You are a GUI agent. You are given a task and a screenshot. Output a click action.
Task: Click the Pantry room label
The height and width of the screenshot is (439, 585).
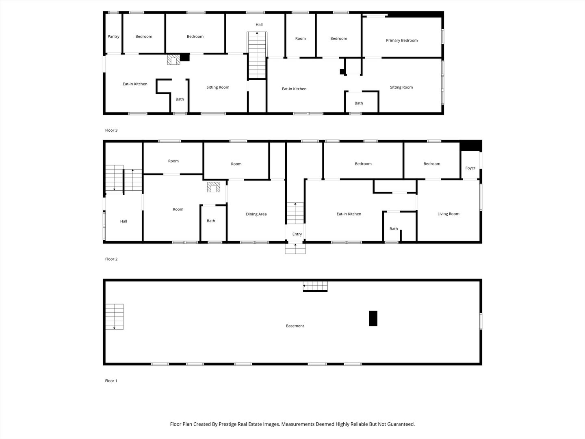[113, 37]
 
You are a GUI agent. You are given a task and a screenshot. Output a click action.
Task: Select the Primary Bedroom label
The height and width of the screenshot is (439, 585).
[401, 41]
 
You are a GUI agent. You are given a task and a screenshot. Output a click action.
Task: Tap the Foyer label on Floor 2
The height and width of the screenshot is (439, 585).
[470, 168]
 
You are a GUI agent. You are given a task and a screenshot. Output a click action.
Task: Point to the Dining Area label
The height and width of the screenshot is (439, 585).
[256, 214]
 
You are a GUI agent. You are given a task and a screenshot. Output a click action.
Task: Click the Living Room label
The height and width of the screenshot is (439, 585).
[448, 214]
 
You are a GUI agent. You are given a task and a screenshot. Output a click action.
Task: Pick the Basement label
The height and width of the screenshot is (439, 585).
[295, 326]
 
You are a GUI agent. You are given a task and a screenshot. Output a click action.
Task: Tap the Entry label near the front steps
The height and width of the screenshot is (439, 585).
[297, 234]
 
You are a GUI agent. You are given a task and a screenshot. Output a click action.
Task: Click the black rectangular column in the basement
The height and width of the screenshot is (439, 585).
[373, 318]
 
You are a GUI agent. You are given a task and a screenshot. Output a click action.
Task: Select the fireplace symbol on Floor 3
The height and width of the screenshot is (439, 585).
[173, 60]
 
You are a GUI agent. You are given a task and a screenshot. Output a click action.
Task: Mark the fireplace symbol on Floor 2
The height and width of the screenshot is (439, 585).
[214, 187]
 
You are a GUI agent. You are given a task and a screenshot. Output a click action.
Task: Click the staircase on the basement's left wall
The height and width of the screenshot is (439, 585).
[114, 317]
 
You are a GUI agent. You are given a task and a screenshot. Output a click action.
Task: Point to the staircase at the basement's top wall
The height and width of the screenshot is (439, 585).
[315, 286]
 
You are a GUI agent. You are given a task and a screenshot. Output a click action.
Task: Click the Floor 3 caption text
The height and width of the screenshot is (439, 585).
[111, 130]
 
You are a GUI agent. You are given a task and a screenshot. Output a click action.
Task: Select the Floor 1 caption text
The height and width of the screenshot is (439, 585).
[111, 381]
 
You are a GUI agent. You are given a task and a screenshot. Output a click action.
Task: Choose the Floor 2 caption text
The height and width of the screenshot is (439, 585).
[111, 259]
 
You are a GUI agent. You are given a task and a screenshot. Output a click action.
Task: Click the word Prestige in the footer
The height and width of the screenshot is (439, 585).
[228, 424]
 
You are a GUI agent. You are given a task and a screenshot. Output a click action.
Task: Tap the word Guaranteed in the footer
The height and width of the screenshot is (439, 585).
[401, 424]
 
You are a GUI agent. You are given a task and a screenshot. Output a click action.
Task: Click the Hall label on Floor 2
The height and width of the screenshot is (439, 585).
[123, 222]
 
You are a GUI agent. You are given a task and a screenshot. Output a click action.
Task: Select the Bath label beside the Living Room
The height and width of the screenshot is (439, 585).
[394, 229]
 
